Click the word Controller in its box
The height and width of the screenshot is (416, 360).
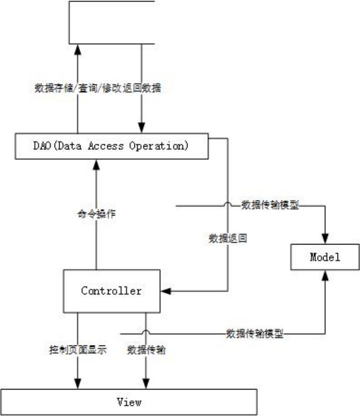coord(111,290)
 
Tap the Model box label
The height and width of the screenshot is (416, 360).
coord(325,257)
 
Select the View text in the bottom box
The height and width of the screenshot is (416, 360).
coord(129,401)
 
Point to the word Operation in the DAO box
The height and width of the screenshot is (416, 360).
coord(158,146)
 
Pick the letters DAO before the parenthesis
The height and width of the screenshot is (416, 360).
coord(41,146)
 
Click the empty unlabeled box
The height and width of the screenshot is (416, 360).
coord(111,22)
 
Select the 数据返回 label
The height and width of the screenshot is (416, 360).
coord(228,238)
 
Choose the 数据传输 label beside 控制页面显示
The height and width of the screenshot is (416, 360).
coord(146,350)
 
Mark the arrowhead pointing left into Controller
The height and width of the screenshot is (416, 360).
coord(164,290)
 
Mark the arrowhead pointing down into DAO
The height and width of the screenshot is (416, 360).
coord(142,128)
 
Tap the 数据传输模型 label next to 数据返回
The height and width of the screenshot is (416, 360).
coord(270,205)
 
